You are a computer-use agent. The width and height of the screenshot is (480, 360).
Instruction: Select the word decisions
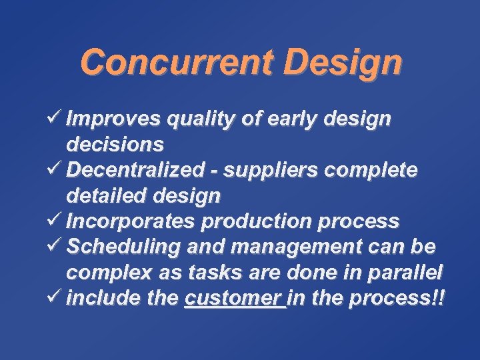click(x=115, y=145)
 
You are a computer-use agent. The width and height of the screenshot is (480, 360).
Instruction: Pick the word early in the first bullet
click(x=297, y=119)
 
